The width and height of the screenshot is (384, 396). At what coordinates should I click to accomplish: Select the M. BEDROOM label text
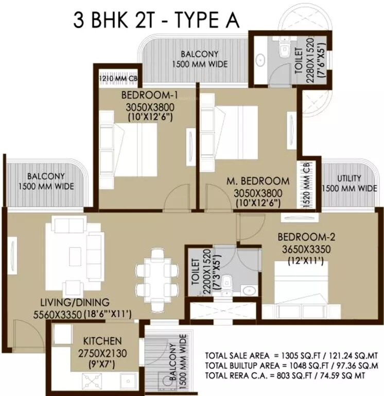tap(258, 181)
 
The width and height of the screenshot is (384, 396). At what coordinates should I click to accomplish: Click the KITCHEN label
tap(103, 341)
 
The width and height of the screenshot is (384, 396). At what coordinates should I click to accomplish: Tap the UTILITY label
tap(350, 179)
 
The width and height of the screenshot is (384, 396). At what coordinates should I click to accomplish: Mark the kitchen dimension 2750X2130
tap(103, 354)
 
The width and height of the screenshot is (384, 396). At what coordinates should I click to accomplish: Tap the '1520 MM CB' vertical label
tap(306, 185)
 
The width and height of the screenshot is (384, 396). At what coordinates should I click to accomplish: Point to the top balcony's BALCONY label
tap(199, 54)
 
